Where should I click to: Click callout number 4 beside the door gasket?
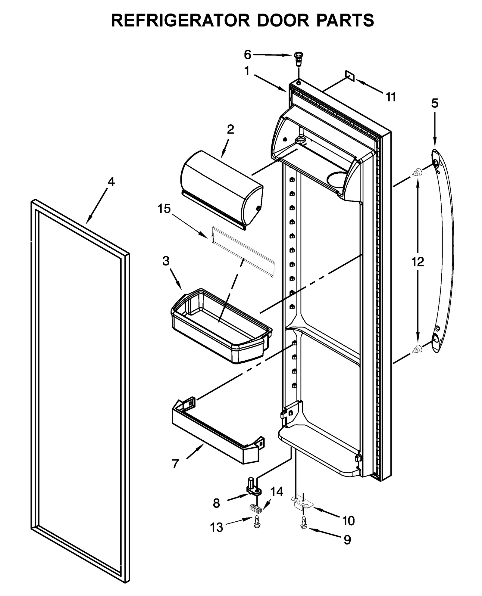[111, 182]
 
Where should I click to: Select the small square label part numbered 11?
[350, 75]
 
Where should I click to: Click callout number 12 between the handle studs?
[418, 262]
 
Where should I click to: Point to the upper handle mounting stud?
[417, 172]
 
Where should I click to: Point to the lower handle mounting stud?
[417, 349]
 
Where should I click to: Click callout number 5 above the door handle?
[434, 103]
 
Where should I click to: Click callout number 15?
[164, 209]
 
